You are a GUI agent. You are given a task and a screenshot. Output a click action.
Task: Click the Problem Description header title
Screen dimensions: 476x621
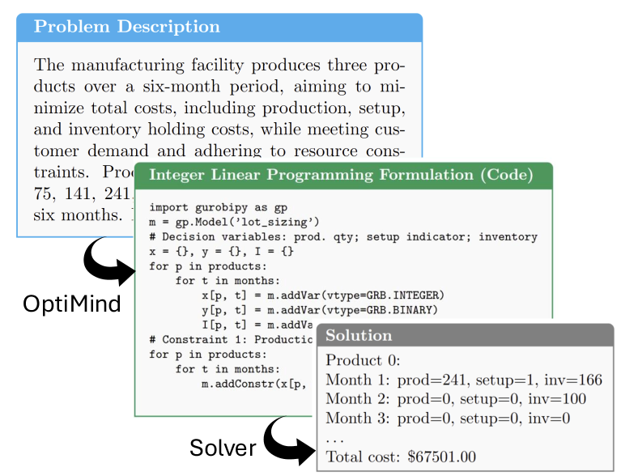[x=127, y=27]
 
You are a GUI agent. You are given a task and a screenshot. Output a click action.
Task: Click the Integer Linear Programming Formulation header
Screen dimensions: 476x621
[x=341, y=175]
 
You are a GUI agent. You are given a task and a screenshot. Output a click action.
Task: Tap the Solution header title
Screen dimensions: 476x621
[x=358, y=335]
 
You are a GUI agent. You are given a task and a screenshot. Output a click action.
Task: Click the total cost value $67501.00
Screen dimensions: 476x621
[x=444, y=457]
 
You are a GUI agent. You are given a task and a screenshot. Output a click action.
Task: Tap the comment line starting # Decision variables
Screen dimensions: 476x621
[x=343, y=236]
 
